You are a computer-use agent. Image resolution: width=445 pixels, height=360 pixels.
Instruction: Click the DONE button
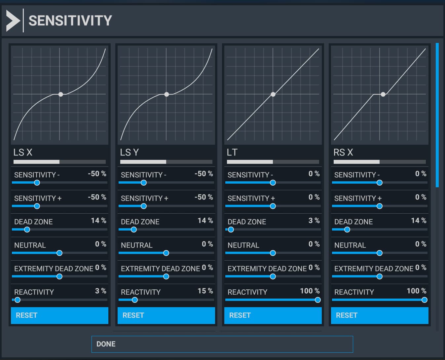coord(222,344)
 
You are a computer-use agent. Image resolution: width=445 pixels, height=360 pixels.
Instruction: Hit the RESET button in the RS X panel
coord(380,315)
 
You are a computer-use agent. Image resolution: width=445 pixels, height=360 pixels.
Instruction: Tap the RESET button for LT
coord(273,315)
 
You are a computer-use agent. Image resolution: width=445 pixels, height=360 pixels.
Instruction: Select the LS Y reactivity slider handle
coord(135,300)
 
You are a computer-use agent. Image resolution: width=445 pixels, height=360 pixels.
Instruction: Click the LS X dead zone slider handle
coord(27,230)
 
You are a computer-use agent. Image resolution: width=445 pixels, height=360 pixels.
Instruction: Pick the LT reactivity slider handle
coord(317,300)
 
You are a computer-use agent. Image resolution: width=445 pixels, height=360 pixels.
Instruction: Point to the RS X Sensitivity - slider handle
coord(380,183)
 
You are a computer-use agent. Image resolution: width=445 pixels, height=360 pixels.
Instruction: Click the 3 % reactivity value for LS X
coord(100,291)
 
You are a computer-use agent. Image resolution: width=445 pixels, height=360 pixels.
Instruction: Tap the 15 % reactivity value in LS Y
coord(205,291)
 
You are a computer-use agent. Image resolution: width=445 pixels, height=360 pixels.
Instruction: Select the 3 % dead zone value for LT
coord(314,221)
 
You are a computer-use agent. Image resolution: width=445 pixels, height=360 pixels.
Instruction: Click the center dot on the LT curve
coord(273,94)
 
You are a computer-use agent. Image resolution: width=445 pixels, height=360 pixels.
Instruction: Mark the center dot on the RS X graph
coord(383,94)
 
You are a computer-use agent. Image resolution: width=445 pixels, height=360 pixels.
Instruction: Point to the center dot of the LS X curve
coord(61,94)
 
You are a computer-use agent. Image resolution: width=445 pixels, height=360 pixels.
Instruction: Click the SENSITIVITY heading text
coord(70,20)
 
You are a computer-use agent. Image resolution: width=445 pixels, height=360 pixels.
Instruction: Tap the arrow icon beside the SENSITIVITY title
coord(13,20)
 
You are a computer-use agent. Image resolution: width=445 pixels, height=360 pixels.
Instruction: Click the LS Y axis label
coord(130,152)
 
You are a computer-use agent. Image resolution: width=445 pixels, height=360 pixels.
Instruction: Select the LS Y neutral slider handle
coord(166,253)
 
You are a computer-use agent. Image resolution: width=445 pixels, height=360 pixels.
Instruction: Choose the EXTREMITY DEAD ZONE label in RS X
coord(374,269)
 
